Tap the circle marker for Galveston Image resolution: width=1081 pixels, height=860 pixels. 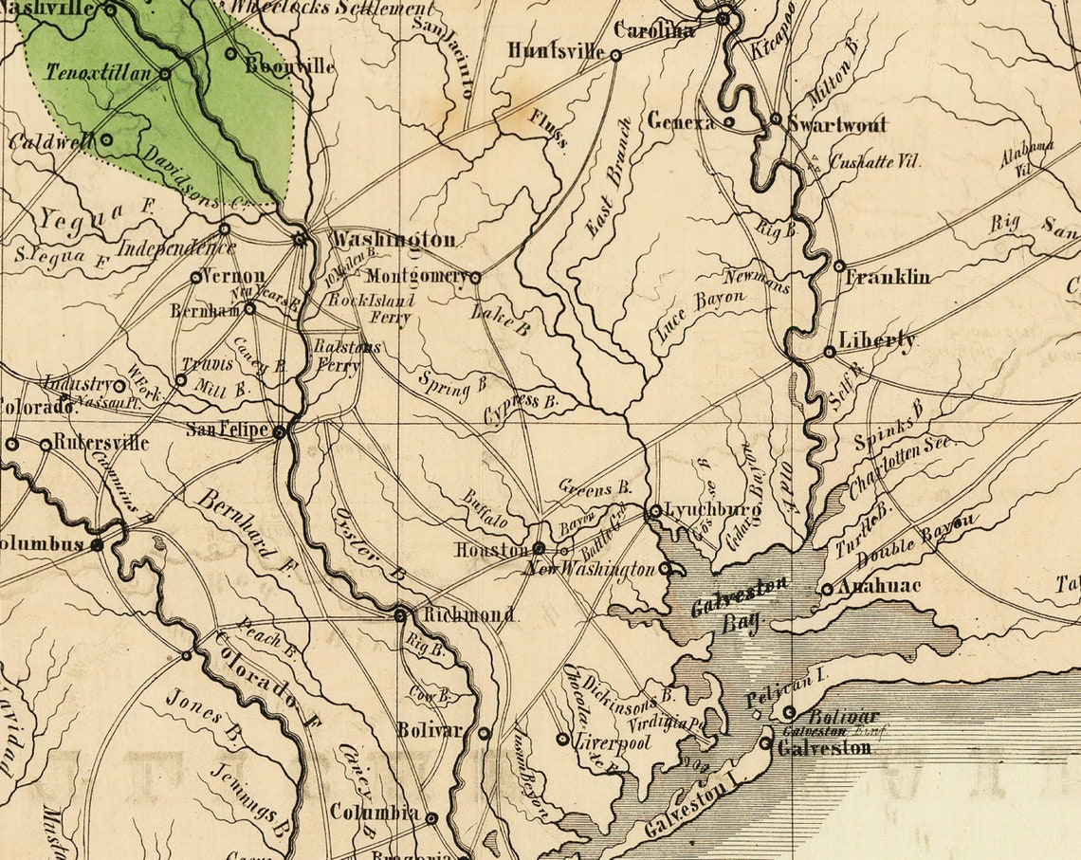765,743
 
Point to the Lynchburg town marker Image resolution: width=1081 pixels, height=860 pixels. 655,511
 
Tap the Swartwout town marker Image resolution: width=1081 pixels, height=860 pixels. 776,119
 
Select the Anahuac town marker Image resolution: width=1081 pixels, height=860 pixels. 827,589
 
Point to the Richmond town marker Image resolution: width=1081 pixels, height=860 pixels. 401,615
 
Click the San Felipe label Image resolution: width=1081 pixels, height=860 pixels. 227,430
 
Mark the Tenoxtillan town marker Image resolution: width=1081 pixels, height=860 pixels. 164,73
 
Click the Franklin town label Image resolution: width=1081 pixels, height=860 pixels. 888,277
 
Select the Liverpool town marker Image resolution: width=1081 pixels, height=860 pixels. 562,739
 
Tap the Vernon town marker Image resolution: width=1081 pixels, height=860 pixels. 196,278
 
